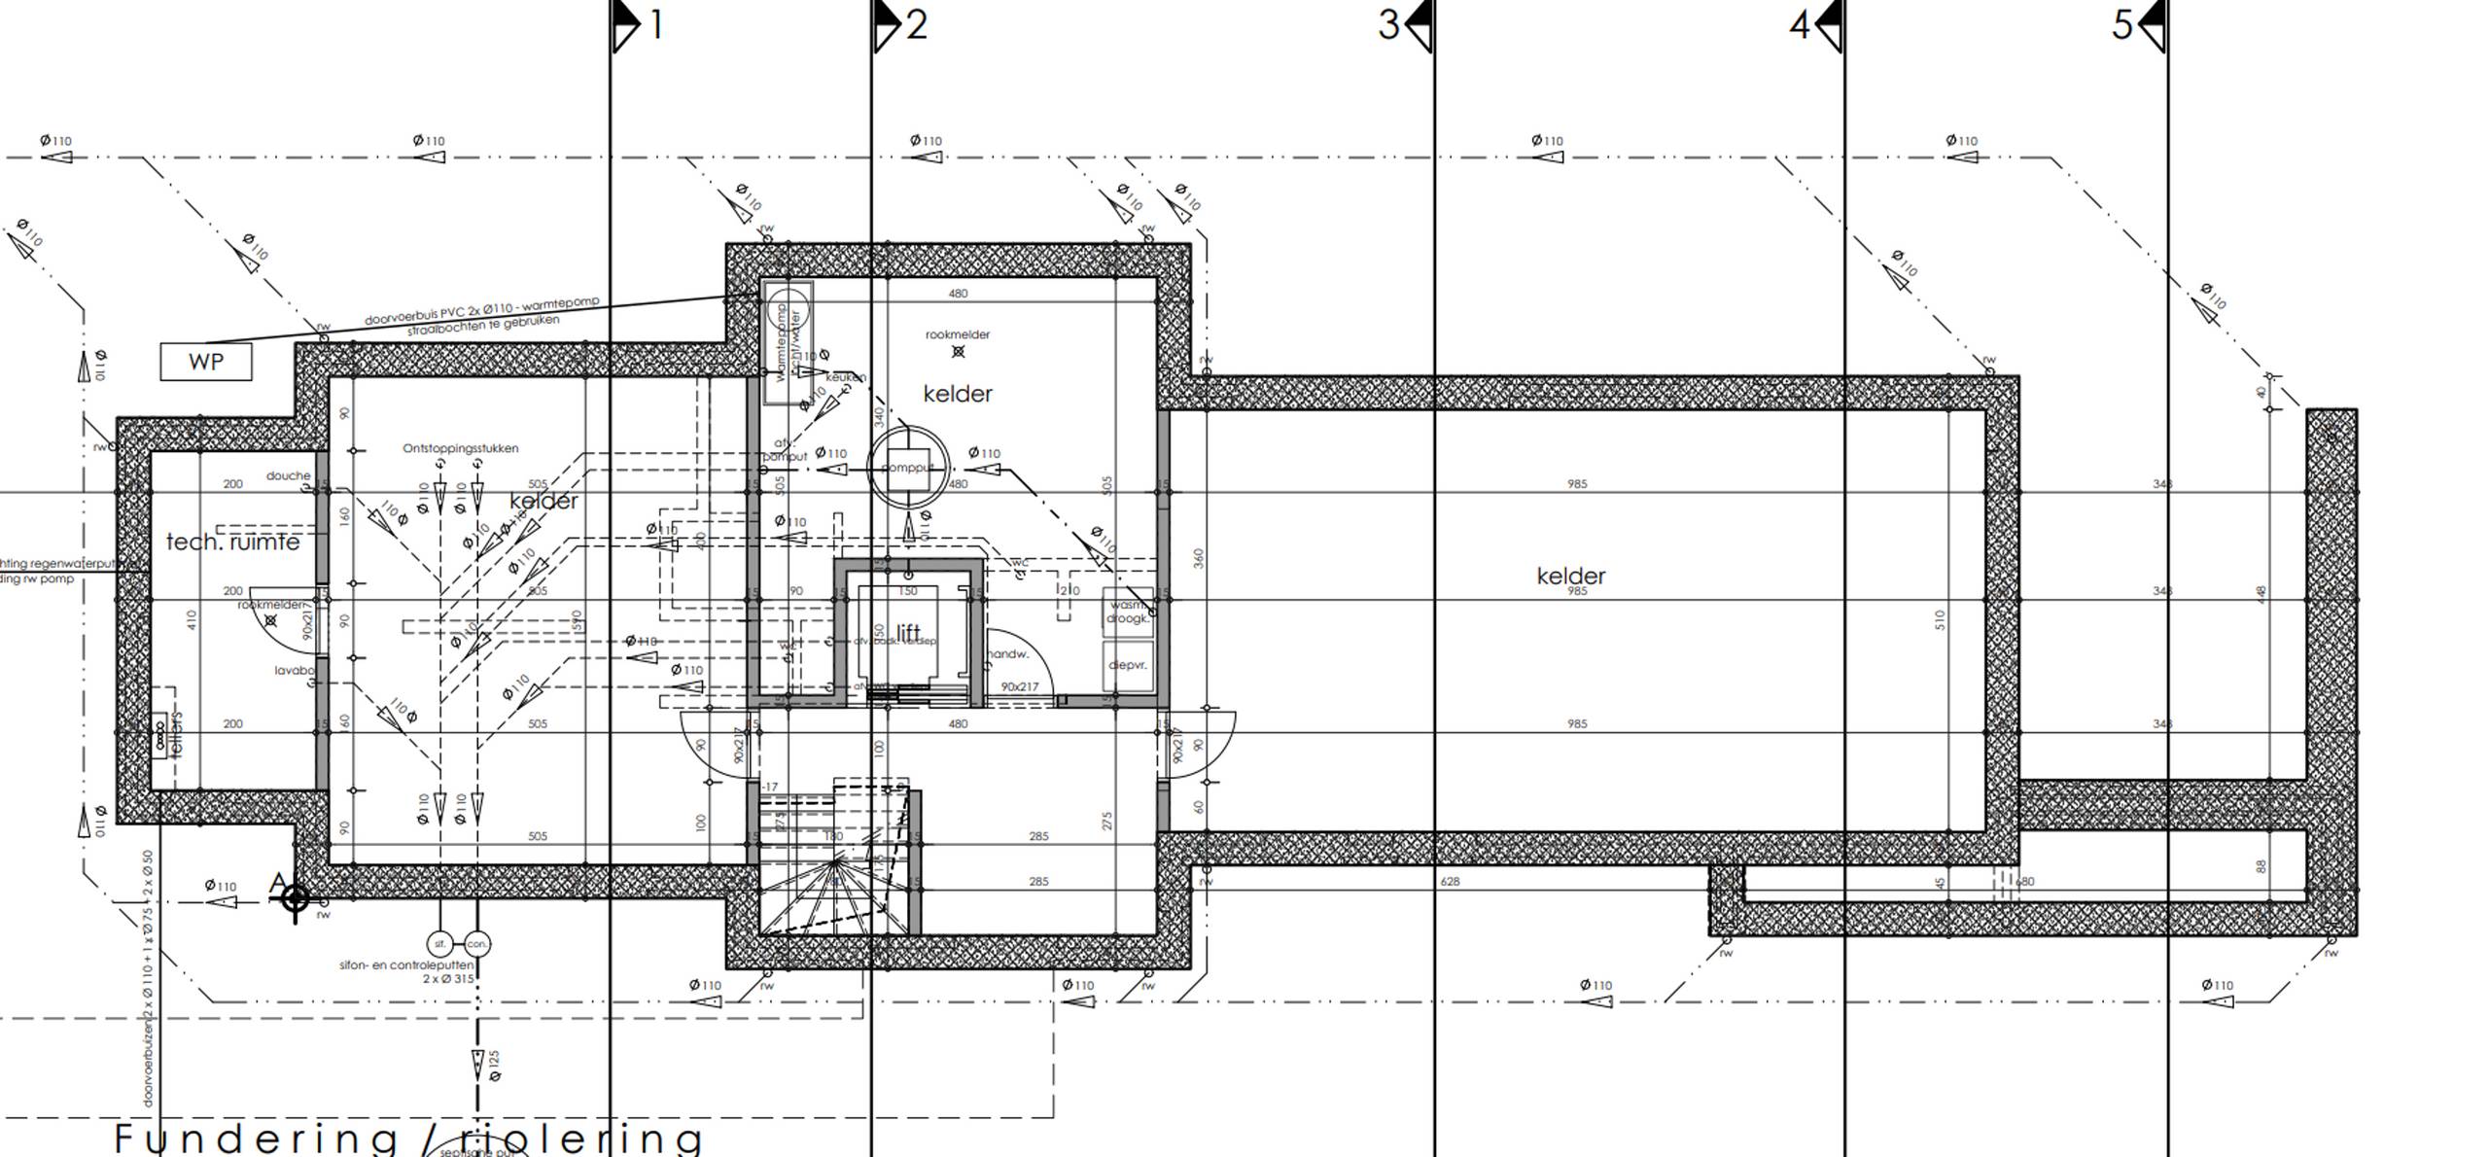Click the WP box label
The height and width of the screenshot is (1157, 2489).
(x=206, y=362)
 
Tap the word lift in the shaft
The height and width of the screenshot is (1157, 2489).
(x=908, y=634)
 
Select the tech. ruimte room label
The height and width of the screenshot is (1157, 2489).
(x=232, y=542)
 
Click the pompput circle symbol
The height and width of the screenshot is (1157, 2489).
(x=907, y=468)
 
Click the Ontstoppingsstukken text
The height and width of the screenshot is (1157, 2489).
(x=461, y=448)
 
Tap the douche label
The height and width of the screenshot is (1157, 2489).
(x=288, y=475)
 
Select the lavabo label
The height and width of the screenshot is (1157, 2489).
(x=295, y=670)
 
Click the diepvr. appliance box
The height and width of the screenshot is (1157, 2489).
(x=1128, y=666)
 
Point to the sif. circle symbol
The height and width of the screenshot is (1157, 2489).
(x=439, y=943)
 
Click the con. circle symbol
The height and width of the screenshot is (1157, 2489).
(x=477, y=943)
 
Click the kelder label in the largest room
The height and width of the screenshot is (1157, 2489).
(x=1571, y=576)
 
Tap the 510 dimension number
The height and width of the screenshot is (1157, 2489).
(x=1940, y=620)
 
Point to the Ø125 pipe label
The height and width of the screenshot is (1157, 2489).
(x=494, y=1065)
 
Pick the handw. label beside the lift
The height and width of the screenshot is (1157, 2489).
(x=1008, y=654)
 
